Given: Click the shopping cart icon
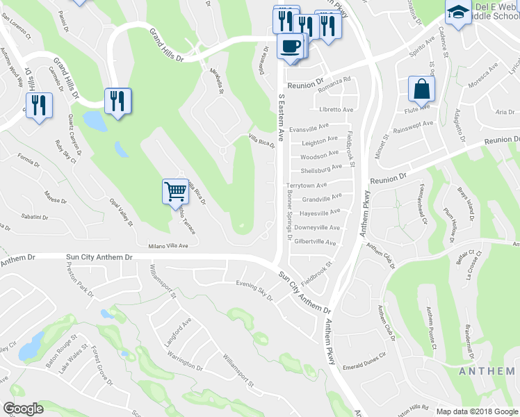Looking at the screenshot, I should point(174,192).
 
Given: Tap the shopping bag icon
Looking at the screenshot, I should point(421,89).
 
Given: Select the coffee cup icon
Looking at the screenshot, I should point(290,46).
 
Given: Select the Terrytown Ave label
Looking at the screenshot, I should point(307,186).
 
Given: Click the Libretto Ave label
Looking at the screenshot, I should point(336,110).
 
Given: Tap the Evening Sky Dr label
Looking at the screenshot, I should point(254,286).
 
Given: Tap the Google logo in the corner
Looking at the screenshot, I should point(23,409).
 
